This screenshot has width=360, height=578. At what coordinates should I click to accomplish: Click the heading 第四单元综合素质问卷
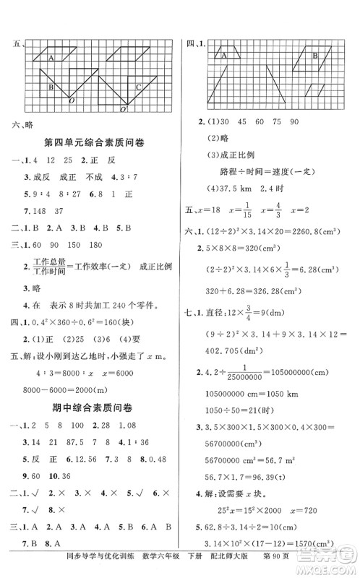pos(94,143)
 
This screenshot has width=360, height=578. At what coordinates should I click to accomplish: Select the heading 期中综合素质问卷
pos(94,389)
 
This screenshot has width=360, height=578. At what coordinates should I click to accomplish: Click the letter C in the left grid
pos(138,87)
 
